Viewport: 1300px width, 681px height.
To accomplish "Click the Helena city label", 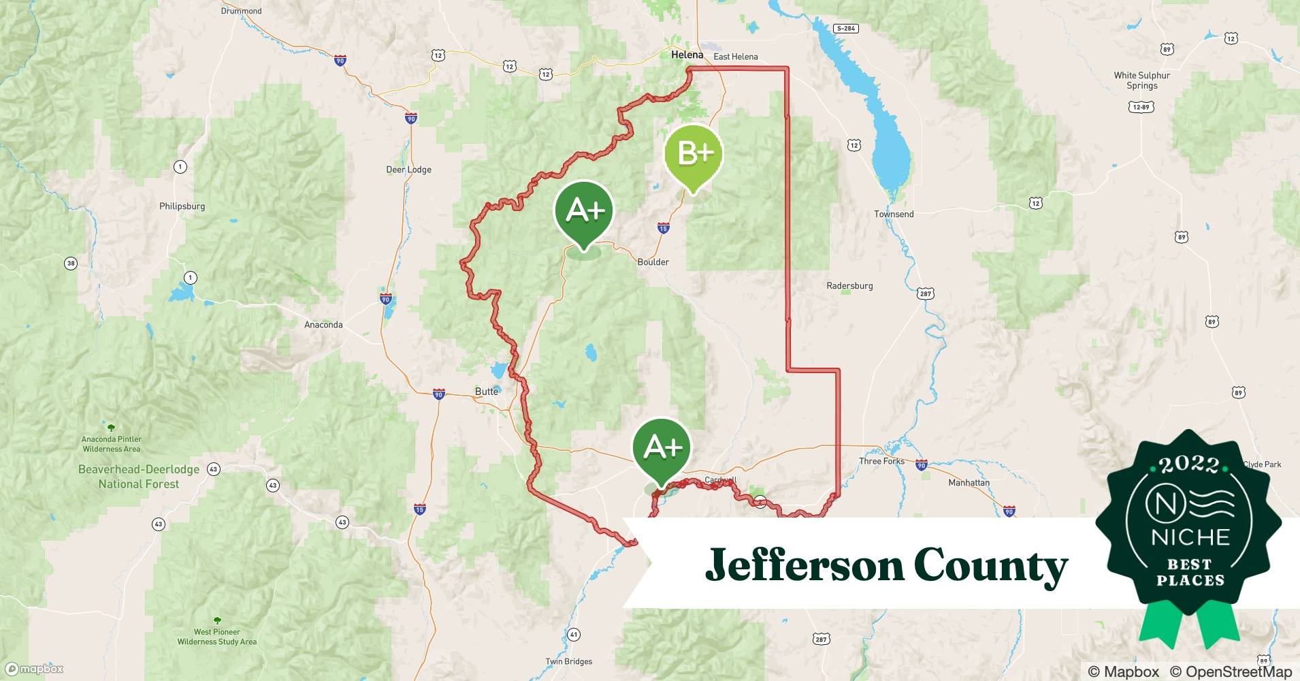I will click(x=687, y=54).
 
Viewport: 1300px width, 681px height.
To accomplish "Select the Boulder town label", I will click(x=653, y=262).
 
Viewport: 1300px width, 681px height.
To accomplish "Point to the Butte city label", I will click(x=486, y=392).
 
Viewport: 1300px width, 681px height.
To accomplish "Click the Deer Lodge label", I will click(x=408, y=170).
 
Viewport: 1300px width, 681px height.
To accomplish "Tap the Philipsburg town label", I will click(x=182, y=206).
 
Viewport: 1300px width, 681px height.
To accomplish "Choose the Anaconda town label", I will click(x=323, y=325).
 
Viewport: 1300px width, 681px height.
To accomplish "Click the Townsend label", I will click(x=894, y=214).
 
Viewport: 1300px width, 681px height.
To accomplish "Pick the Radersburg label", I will click(x=849, y=286).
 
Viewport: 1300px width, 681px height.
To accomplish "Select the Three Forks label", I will click(x=881, y=461).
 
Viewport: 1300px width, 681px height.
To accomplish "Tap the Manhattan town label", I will click(x=969, y=483).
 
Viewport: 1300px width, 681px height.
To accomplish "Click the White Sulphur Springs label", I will click(x=1141, y=80).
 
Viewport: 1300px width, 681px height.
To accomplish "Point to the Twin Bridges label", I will click(x=568, y=661).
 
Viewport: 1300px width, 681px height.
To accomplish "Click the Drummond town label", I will click(x=241, y=11).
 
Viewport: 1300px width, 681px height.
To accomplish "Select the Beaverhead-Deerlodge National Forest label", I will click(x=139, y=477).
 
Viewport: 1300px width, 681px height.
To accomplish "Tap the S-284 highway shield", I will click(x=845, y=29).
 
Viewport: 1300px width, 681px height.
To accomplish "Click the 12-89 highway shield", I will click(x=1140, y=107).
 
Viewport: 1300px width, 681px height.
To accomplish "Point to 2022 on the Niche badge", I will click(x=1188, y=464).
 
